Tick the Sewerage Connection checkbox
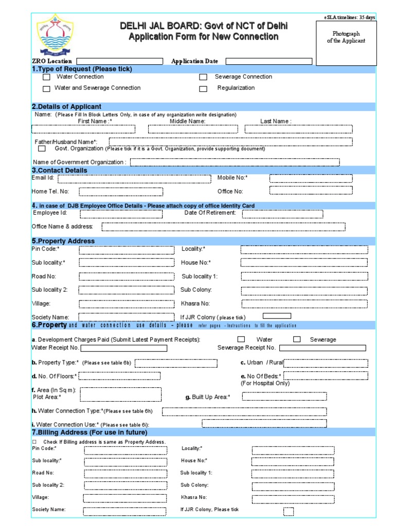(203, 77)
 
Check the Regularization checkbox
(203, 88)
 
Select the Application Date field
(268, 61)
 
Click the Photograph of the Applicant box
(346, 43)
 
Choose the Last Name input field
(298, 129)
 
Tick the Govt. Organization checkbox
(42, 149)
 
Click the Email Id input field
(134, 179)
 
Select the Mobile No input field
(311, 179)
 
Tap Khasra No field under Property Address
(304, 304)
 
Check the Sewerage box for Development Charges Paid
(297, 340)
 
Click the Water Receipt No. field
(123, 348)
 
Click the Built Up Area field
(284, 396)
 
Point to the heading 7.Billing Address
(89, 433)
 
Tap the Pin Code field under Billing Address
(125, 450)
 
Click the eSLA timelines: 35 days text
(349, 17)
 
